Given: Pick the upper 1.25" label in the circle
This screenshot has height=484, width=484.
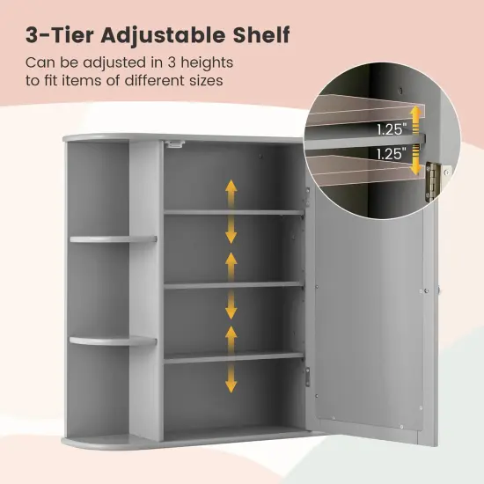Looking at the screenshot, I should pyautogui.click(x=392, y=128).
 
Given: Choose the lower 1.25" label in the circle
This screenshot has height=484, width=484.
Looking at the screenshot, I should pyautogui.click(x=392, y=154).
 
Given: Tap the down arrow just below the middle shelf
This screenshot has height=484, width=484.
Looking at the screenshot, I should pyautogui.click(x=231, y=306).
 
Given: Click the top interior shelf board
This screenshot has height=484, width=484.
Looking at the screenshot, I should pyautogui.click(x=233, y=212).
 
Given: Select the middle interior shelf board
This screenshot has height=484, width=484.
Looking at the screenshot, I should pyautogui.click(x=233, y=285).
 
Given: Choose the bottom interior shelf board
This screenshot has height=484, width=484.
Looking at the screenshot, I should pyautogui.click(x=233, y=357).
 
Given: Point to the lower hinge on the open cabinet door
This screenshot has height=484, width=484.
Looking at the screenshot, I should pyautogui.click(x=308, y=377).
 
